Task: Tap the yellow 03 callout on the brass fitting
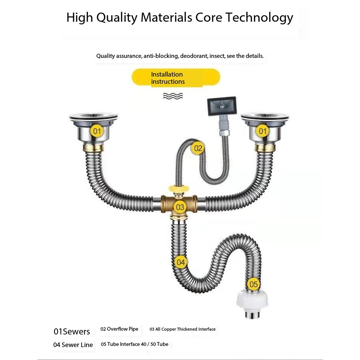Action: coord(180,207)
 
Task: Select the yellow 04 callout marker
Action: coord(181,262)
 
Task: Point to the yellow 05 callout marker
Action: coord(253,284)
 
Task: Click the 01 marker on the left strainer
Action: coord(97,132)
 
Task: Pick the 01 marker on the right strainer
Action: coord(263,132)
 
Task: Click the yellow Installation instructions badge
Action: coord(176,78)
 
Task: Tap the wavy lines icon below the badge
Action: coord(173,96)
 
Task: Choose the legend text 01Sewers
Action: coord(72,331)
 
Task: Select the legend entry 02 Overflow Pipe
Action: coord(119,329)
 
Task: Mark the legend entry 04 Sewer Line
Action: coord(73,345)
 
